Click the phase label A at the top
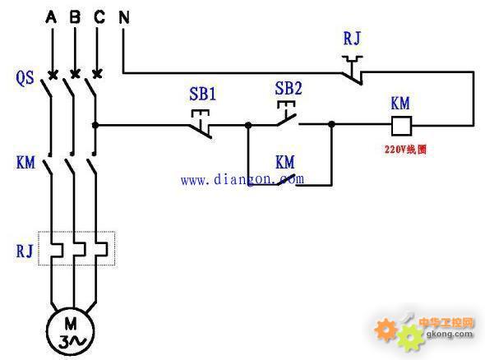[51, 16]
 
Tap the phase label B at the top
[75, 16]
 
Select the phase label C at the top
[99, 16]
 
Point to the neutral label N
[124, 17]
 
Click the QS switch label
[25, 77]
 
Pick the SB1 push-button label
[202, 94]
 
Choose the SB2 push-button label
[289, 88]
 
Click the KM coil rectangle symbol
[401, 126]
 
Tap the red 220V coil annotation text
[405, 150]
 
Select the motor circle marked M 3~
[70, 331]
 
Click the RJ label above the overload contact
[352, 39]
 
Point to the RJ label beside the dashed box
[25, 251]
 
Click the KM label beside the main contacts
[25, 163]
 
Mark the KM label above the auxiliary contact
[285, 162]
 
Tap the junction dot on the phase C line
[95, 125]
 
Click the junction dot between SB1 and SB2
[248, 125]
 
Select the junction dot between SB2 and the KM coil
[331, 125]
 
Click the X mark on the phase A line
[53, 75]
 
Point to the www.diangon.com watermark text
[242, 179]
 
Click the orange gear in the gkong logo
[386, 330]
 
